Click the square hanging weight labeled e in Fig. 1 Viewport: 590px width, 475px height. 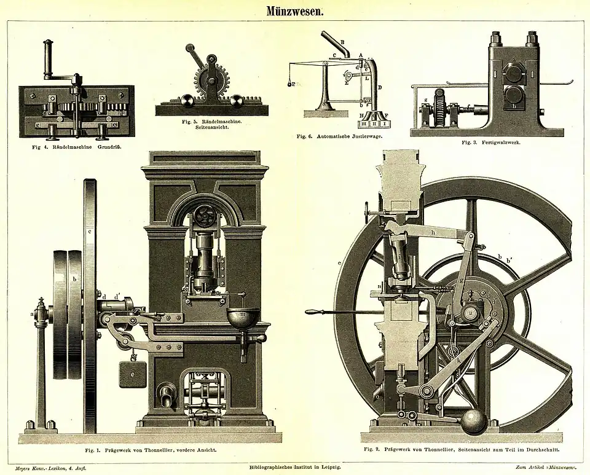coord(133,374)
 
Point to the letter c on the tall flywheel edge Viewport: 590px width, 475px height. coord(90,232)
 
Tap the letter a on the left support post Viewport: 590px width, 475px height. coord(32,315)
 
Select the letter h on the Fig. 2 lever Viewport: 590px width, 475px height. coord(433,232)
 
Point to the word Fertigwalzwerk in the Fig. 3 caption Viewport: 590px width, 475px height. coord(500,142)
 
